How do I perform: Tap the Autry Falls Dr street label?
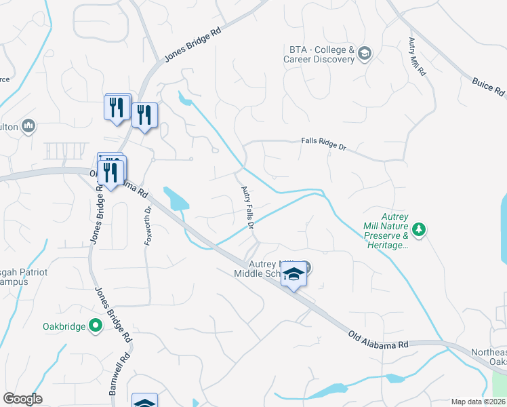(247, 206)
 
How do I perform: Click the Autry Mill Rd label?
(416, 56)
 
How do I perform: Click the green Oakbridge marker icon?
(96, 326)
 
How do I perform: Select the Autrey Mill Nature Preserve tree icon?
(420, 230)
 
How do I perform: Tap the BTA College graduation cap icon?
(365, 54)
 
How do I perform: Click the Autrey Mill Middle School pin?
(293, 275)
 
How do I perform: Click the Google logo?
(22, 399)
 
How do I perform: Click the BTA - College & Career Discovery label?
(322, 54)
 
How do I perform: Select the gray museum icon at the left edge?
(28, 125)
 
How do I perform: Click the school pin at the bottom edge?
(144, 402)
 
